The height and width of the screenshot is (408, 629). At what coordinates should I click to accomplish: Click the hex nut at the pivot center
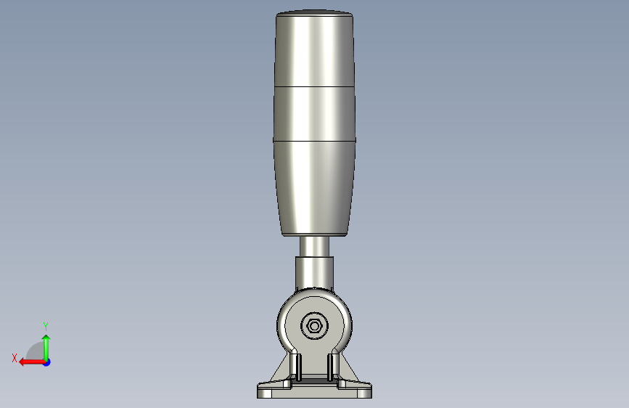[x=314, y=326]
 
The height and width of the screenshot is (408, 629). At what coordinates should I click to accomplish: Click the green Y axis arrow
[x=46, y=348]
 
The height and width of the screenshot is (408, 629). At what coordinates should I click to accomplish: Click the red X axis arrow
[x=32, y=362]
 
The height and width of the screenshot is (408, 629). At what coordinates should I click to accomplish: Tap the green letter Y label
[x=46, y=326]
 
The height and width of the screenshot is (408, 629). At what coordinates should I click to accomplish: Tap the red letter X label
[x=15, y=358]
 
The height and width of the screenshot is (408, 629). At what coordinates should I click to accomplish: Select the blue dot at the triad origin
[x=47, y=362]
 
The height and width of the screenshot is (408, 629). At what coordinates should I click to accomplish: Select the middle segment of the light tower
[x=314, y=114]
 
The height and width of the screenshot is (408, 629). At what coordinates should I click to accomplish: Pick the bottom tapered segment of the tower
[x=314, y=189]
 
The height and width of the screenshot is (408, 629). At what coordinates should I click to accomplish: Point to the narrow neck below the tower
[x=314, y=247]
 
